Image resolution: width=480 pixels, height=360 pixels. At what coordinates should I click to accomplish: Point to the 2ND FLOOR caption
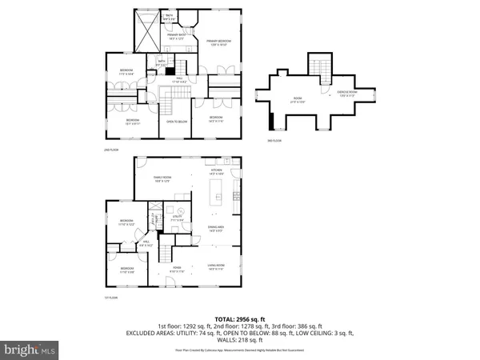(111, 149)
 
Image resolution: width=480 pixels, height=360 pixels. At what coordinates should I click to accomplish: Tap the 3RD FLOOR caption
(274, 142)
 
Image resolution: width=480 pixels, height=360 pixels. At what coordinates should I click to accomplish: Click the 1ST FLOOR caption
(112, 297)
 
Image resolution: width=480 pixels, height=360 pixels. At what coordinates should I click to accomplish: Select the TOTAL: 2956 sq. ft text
(240, 318)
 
